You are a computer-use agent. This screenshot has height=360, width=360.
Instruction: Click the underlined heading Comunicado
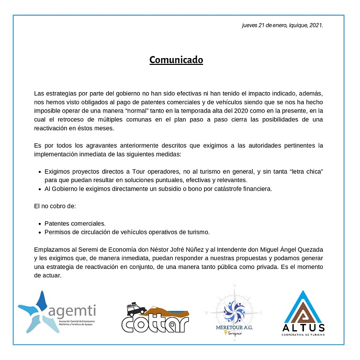(176, 60)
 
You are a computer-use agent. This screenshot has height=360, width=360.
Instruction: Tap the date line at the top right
(282, 25)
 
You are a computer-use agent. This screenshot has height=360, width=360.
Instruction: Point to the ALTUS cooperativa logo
(303, 313)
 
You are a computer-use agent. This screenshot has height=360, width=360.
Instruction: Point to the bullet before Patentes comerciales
(40, 223)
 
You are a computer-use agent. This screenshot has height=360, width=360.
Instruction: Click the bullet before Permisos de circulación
(40, 231)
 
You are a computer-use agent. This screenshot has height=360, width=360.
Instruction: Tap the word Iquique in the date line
(291, 25)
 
